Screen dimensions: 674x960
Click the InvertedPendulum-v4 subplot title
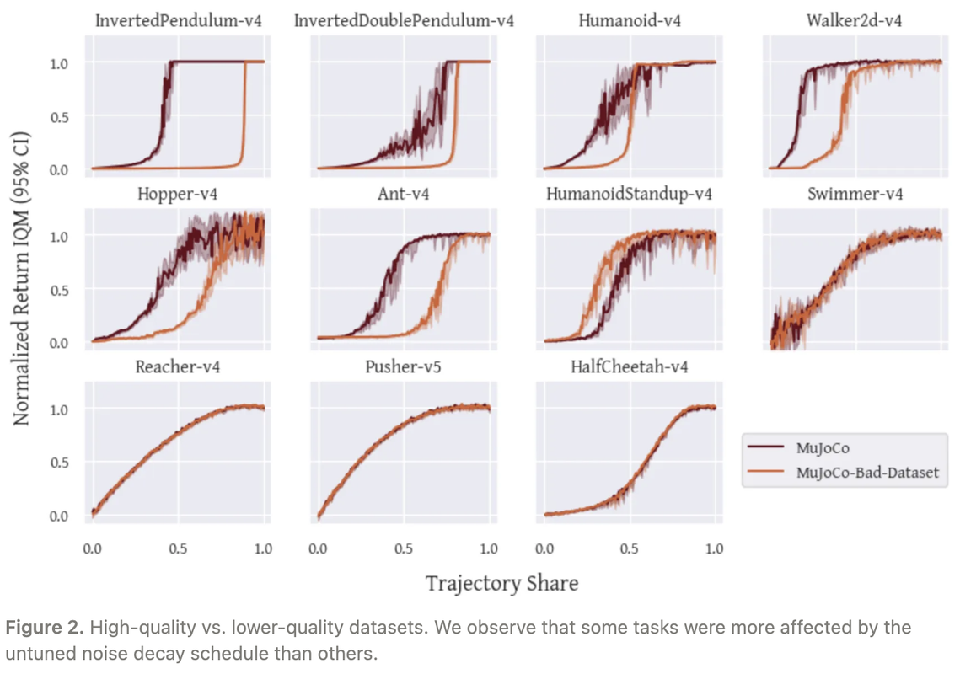178,20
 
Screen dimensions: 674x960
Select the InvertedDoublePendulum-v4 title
404,20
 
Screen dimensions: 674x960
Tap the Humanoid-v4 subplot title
629,20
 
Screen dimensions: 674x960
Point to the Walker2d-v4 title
855,20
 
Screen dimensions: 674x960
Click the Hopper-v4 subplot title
178,194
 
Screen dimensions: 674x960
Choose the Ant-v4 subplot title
404,194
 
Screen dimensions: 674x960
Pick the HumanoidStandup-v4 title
629,194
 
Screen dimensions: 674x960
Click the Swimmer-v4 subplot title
855,194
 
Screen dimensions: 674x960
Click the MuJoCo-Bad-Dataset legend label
866,473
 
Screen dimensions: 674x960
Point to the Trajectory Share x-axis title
501,583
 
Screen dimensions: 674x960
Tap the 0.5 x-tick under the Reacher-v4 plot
178,548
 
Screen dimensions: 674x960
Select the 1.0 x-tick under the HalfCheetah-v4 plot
715,548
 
